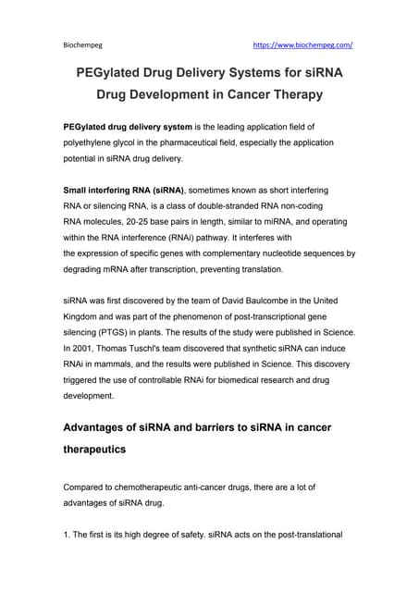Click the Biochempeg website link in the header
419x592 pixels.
tap(302, 43)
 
